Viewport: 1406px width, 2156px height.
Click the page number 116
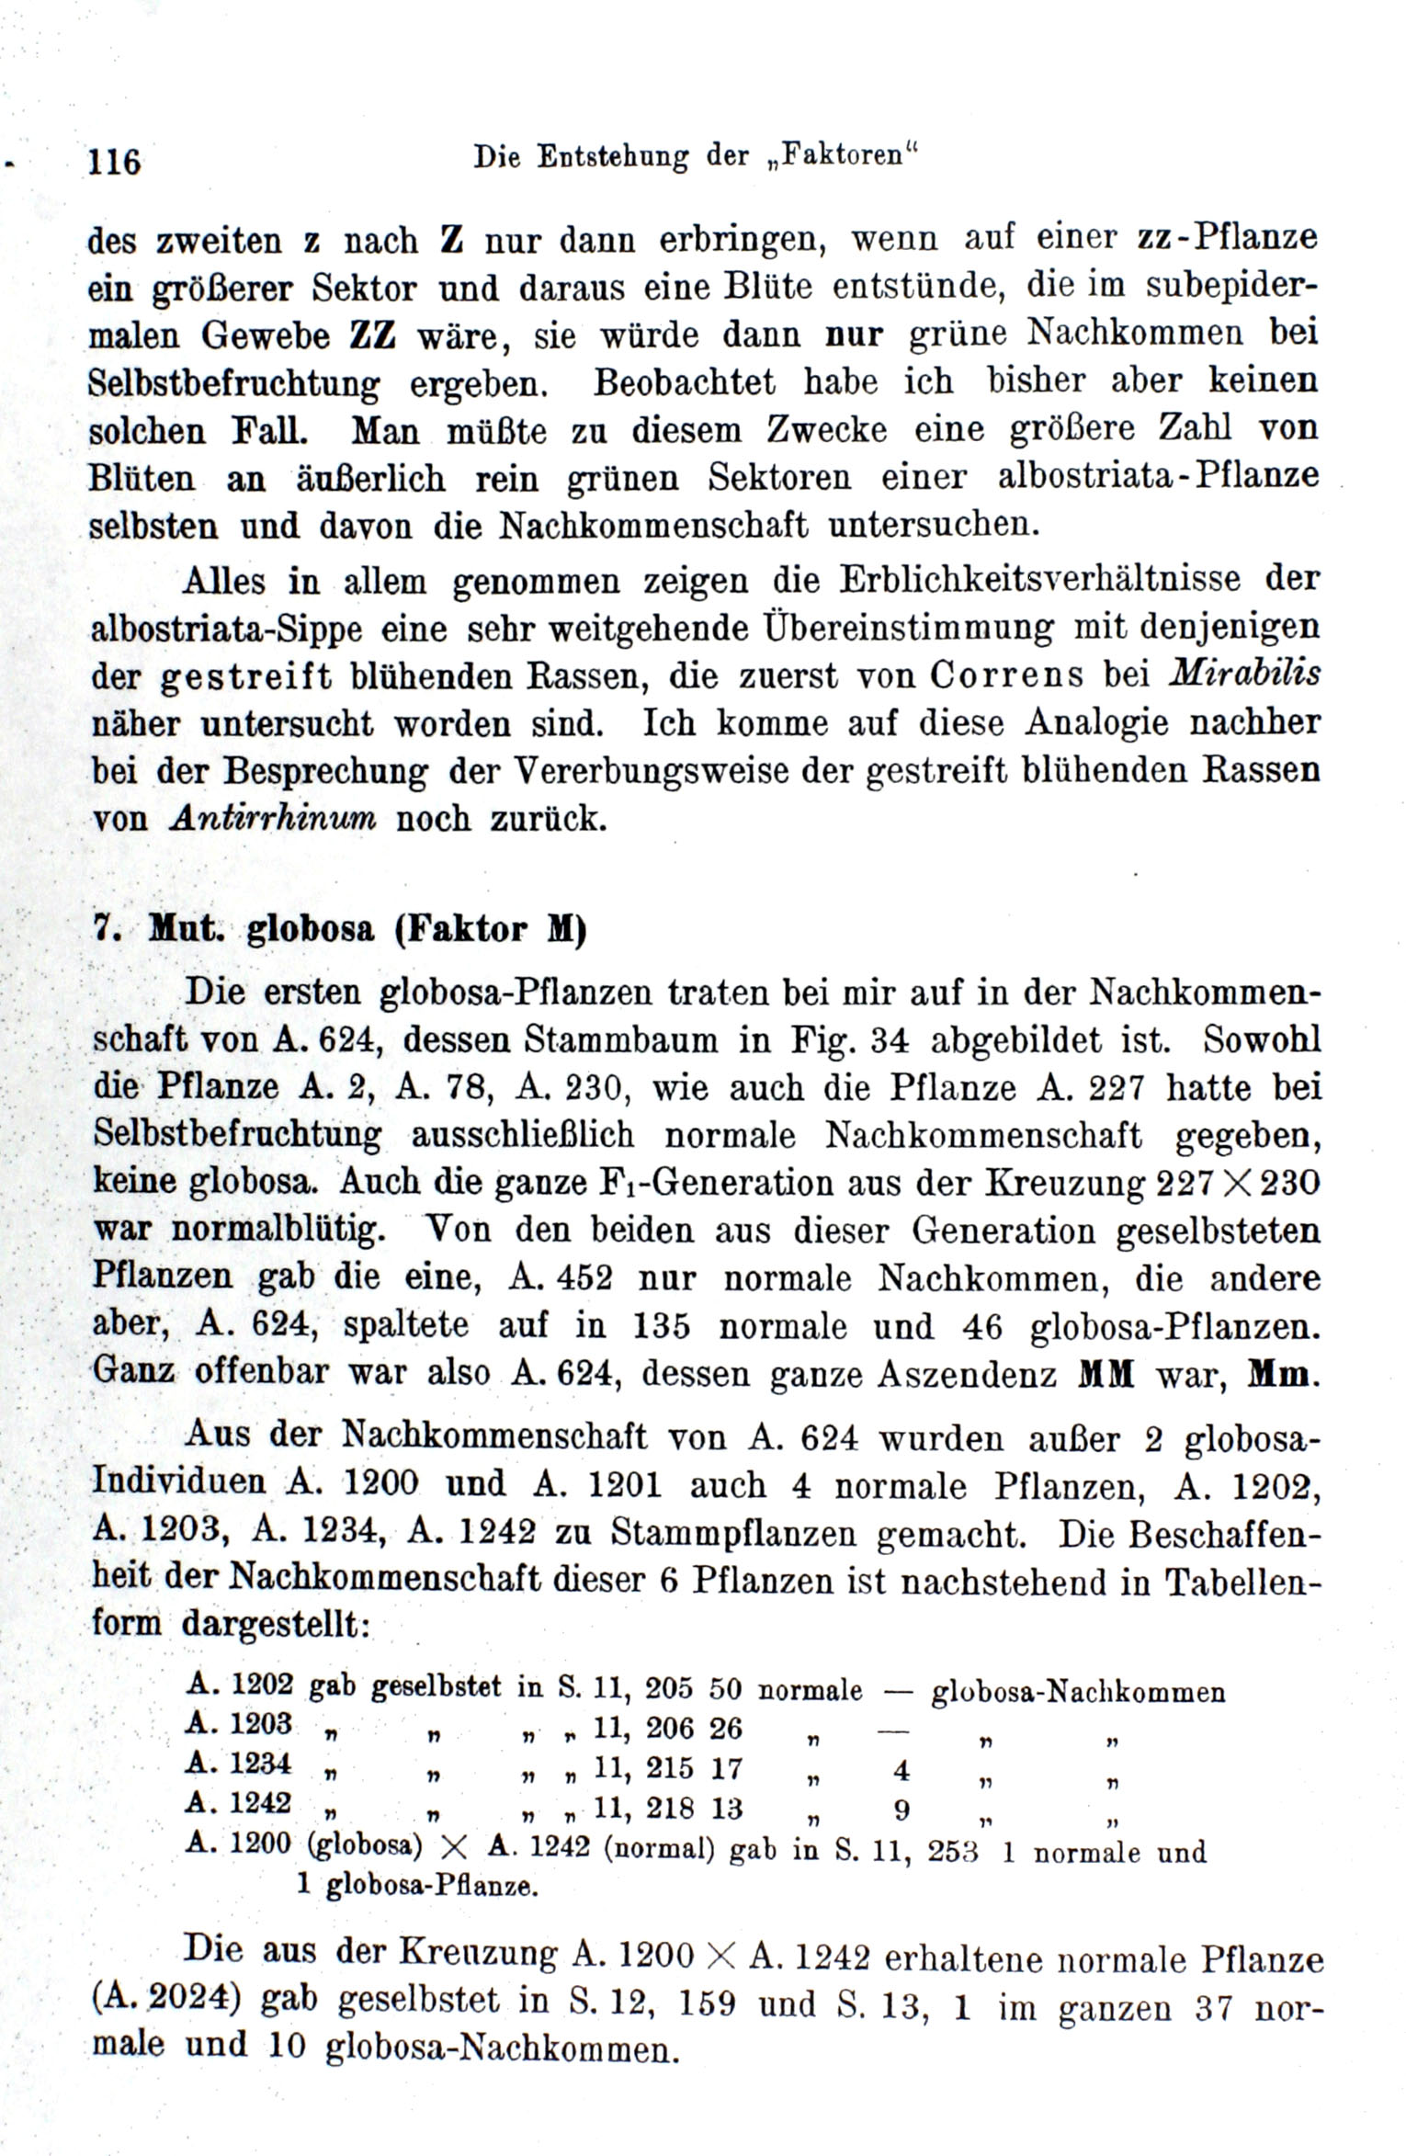pos(114,162)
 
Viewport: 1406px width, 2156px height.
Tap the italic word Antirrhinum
pos(273,818)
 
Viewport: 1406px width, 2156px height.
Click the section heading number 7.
pos(103,929)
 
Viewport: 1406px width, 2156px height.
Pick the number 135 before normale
pos(662,1326)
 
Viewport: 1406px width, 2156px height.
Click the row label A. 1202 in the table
pos(239,1684)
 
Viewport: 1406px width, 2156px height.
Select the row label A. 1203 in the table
pos(239,1723)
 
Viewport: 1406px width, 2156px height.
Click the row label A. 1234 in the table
pos(239,1764)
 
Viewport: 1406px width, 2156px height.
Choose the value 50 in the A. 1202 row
pos(725,1689)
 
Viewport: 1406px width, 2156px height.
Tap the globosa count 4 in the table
pos(901,1769)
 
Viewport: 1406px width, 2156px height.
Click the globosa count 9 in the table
pos(901,1810)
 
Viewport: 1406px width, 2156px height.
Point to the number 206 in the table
pos(669,1729)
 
